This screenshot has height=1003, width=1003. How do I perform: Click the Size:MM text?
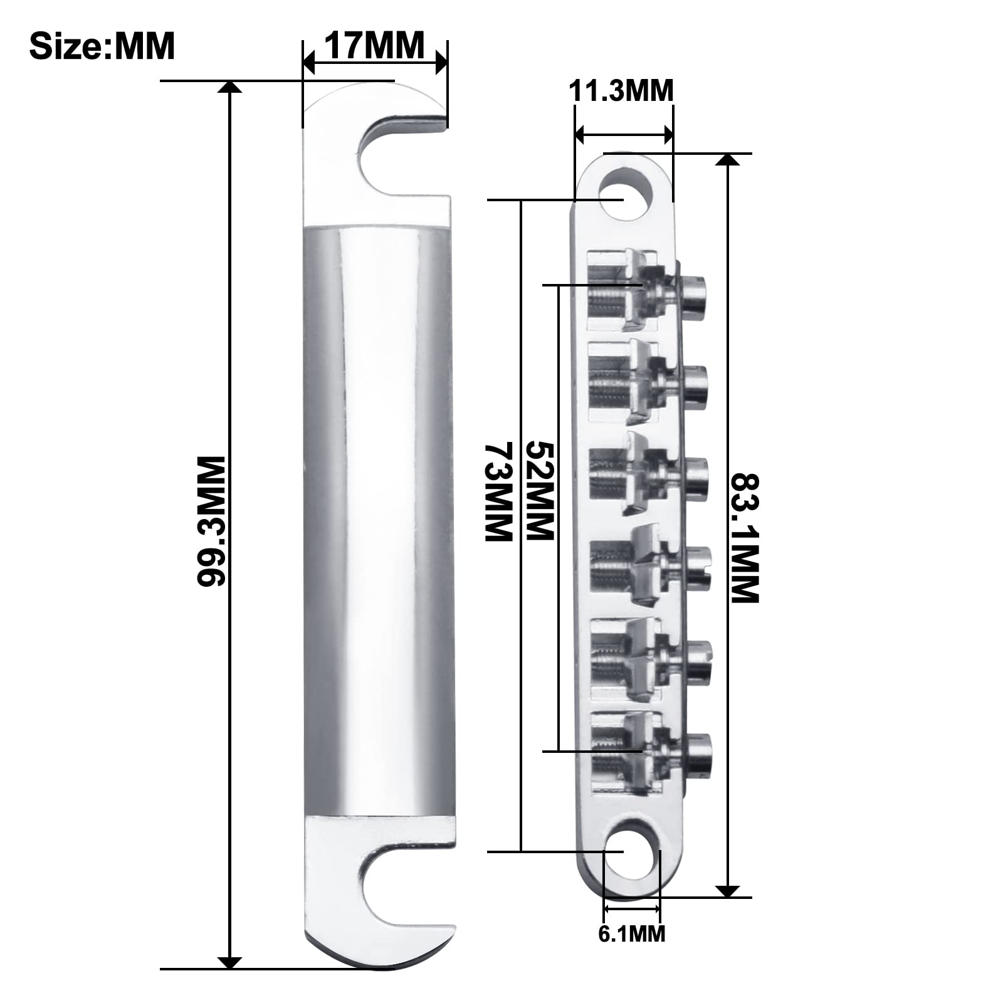point(102,46)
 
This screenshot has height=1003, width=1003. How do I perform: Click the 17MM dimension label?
point(374,45)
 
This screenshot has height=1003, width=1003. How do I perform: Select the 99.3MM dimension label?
point(211,521)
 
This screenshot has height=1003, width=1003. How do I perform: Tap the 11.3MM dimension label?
point(621,91)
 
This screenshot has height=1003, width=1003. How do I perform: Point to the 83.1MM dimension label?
point(745,537)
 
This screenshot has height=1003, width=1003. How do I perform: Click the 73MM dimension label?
point(499,491)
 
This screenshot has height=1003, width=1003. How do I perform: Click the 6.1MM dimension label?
point(631,933)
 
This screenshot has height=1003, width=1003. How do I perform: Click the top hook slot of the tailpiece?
point(401,160)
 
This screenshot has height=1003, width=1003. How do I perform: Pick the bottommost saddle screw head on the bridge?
point(698,752)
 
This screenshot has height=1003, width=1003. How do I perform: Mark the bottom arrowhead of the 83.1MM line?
point(727,890)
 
